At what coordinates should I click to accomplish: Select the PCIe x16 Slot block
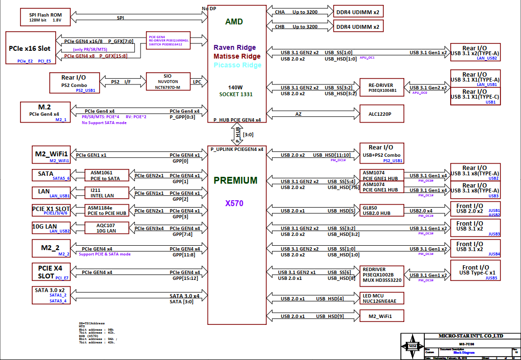(31, 48)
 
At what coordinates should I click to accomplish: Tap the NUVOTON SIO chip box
(168, 82)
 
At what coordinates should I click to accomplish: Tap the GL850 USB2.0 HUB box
(382, 210)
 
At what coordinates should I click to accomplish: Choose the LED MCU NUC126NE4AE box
(382, 298)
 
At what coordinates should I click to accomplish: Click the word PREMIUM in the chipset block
(235, 180)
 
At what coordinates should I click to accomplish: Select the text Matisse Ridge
(237, 56)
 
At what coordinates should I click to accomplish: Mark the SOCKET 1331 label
(236, 94)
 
